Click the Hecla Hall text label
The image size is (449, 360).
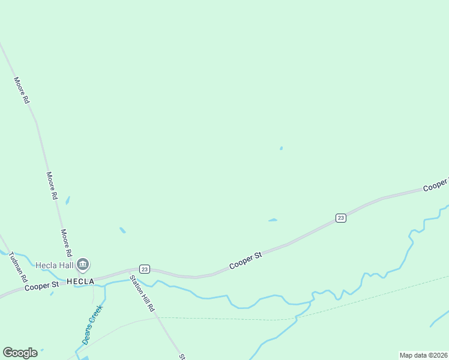pos(54,265)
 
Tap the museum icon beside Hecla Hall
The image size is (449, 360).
pos(83,264)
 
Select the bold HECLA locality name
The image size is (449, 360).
pos(80,281)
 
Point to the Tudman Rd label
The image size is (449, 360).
pos(18,268)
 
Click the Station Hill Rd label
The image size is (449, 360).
pos(143,293)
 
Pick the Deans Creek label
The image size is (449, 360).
pos(93,325)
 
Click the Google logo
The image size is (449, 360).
pos(20,353)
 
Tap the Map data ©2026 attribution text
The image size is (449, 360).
pos(424,355)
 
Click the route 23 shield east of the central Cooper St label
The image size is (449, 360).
pos(341,218)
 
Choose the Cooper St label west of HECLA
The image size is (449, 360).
pos(41,287)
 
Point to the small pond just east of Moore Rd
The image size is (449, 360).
pos(68,200)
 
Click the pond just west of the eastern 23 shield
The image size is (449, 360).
pos(273,220)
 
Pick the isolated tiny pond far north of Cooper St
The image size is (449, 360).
pos(281,148)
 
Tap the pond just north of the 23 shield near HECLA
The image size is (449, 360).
pos(122,230)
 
